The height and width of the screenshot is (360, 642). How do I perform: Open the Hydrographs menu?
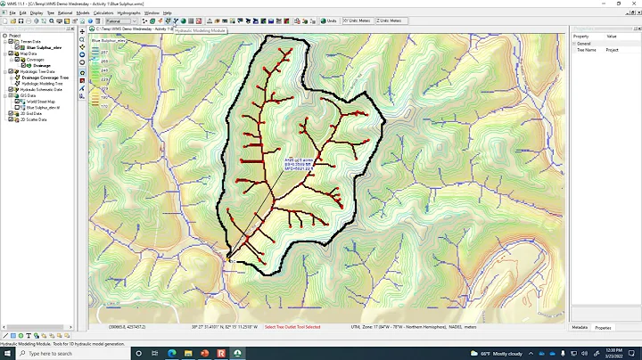pyautogui.click(x=128, y=12)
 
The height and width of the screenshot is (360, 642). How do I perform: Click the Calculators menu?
pyautogui.click(x=103, y=12)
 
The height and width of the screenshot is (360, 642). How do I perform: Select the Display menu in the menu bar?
pyautogui.click(x=36, y=12)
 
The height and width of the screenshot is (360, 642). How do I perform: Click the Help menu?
pyautogui.click(x=167, y=12)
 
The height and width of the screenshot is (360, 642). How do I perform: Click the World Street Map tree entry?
pyautogui.click(x=39, y=102)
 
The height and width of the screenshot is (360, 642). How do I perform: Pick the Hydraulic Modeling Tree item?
pyautogui.click(x=41, y=83)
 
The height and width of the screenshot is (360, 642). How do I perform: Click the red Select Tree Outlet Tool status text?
pyautogui.click(x=292, y=327)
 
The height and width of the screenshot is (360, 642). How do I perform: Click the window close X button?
pyautogui.click(x=633, y=4)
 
